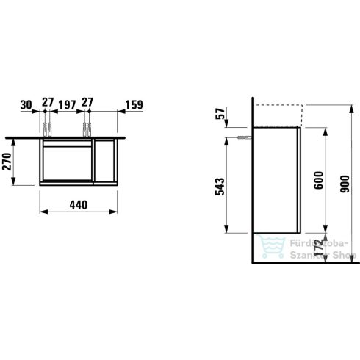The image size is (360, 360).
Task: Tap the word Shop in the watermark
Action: [x=342, y=256]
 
